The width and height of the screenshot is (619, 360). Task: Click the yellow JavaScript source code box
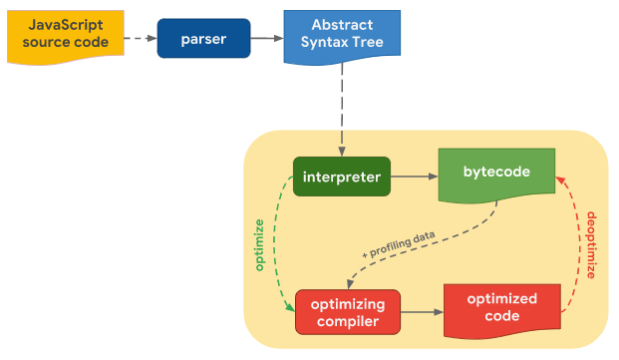coord(66,38)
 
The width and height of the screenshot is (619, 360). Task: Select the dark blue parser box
coord(202,38)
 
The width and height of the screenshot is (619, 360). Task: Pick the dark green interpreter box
coord(341,177)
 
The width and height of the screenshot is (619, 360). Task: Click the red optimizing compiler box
coord(348,311)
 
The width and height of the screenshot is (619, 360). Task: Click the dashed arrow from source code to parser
coord(141,38)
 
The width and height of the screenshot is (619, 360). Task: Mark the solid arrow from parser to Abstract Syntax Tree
coord(266,38)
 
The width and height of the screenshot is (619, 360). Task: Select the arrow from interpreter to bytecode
coord(415,177)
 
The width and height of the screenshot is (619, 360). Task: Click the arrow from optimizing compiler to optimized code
coord(422,311)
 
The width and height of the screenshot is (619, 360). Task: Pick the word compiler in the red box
coord(348,321)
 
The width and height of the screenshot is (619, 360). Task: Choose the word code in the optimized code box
coord(501,316)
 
